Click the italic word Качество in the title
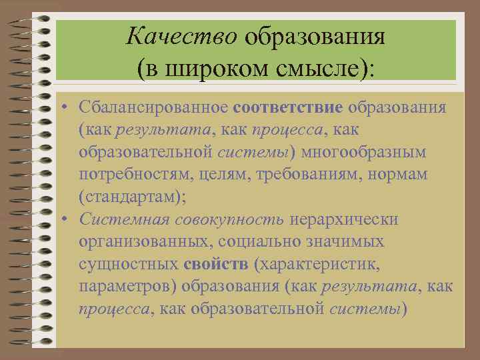[181, 35]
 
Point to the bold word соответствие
[289, 107]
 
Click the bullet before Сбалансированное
[68, 108]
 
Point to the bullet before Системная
[68, 221]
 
